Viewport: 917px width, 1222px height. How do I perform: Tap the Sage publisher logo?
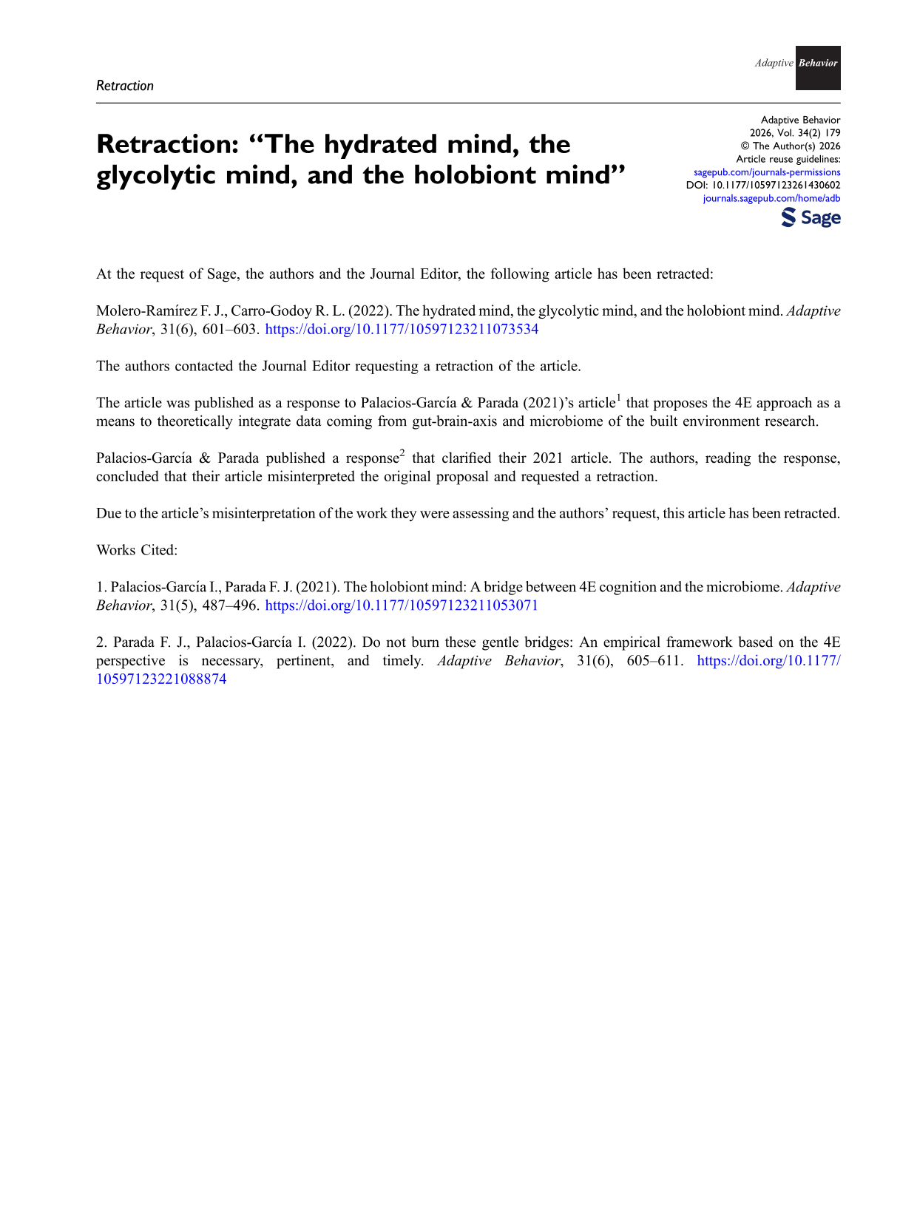click(811, 217)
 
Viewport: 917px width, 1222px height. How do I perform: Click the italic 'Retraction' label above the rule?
click(125, 86)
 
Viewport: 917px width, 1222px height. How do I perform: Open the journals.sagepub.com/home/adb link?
click(771, 198)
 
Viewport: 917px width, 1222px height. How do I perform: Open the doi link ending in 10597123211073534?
click(402, 330)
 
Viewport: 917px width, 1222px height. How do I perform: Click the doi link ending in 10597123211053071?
click(402, 605)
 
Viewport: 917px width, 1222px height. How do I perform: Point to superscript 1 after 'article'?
click(618, 398)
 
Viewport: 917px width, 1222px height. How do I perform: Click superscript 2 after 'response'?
click(402, 453)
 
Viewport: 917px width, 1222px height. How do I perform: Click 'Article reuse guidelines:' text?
click(788, 160)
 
